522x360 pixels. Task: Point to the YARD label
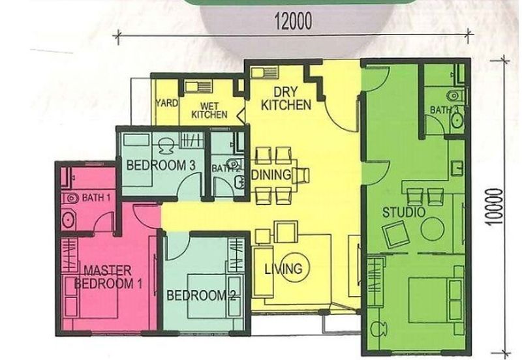pyautogui.click(x=166, y=103)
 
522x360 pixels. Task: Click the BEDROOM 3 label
pyautogui.click(x=161, y=166)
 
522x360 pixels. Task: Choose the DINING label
pyautogui.click(x=271, y=175)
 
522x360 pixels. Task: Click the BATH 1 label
pyautogui.click(x=96, y=197)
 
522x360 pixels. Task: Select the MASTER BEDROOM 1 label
pyautogui.click(x=108, y=277)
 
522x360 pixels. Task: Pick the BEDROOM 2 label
pyautogui.click(x=201, y=295)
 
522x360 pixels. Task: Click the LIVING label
pyautogui.click(x=283, y=269)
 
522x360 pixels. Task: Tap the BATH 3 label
pyautogui.click(x=444, y=110)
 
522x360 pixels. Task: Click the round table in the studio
pyautogui.click(x=433, y=230)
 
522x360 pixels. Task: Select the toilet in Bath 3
pyautogui.click(x=454, y=96)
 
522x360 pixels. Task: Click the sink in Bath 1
pyautogui.click(x=69, y=220)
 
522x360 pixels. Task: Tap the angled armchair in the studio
pyautogui.click(x=395, y=233)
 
